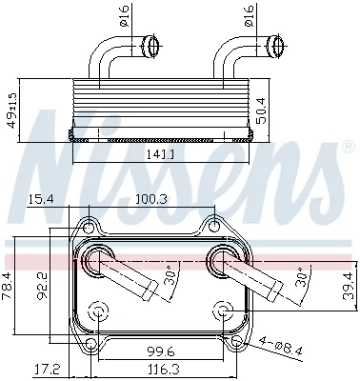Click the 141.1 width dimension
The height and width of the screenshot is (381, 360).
tap(161, 154)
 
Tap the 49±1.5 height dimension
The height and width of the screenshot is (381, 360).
tap(12, 110)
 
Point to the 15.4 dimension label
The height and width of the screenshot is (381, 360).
tap(40, 199)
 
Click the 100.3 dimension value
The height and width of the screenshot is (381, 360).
tap(151, 199)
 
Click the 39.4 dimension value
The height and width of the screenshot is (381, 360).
tap(349, 286)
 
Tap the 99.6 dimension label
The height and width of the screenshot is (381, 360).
tap(161, 351)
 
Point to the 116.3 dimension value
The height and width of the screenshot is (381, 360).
tap(164, 370)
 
